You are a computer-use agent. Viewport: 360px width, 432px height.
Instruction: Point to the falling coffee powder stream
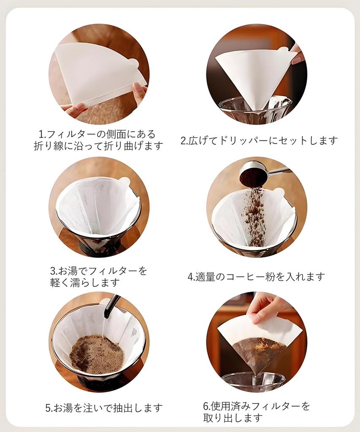coord(255,215)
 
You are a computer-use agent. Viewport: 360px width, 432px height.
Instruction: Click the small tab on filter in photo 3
coord(124,182)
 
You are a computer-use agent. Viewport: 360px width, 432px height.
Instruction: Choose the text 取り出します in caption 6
coord(233,418)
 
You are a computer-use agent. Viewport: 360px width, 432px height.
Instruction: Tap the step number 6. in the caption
coord(206,406)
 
